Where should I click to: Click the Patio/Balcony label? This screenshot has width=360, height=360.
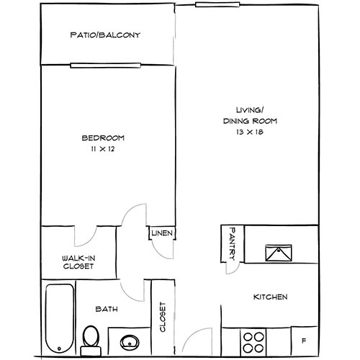coord(105,35)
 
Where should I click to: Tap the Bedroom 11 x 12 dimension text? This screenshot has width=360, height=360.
coord(103,149)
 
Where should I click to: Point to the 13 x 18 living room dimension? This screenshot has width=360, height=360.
coord(250,132)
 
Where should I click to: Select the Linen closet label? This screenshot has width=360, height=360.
coord(162,233)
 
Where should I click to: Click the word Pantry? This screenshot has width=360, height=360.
coord(233,244)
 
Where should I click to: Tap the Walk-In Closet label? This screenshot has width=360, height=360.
coord(78,262)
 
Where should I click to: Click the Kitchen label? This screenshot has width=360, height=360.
coord(271,297)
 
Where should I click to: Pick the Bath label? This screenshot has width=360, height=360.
coord(107,309)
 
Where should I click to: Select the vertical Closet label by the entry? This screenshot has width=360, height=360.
coord(163,317)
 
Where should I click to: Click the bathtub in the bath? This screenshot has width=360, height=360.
coord(60,318)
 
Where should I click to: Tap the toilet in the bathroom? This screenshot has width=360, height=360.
coord(91,340)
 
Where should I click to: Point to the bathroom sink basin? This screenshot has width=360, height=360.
coord(130,343)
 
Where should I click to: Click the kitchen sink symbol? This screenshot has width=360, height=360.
coord(279,253)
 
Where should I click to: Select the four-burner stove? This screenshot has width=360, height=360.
coord(253,342)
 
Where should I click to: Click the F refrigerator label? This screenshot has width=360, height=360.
coord(304,341)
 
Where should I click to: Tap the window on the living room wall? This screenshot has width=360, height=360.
coord(217,4)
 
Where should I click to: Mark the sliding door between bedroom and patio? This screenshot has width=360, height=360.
coord(106,66)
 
